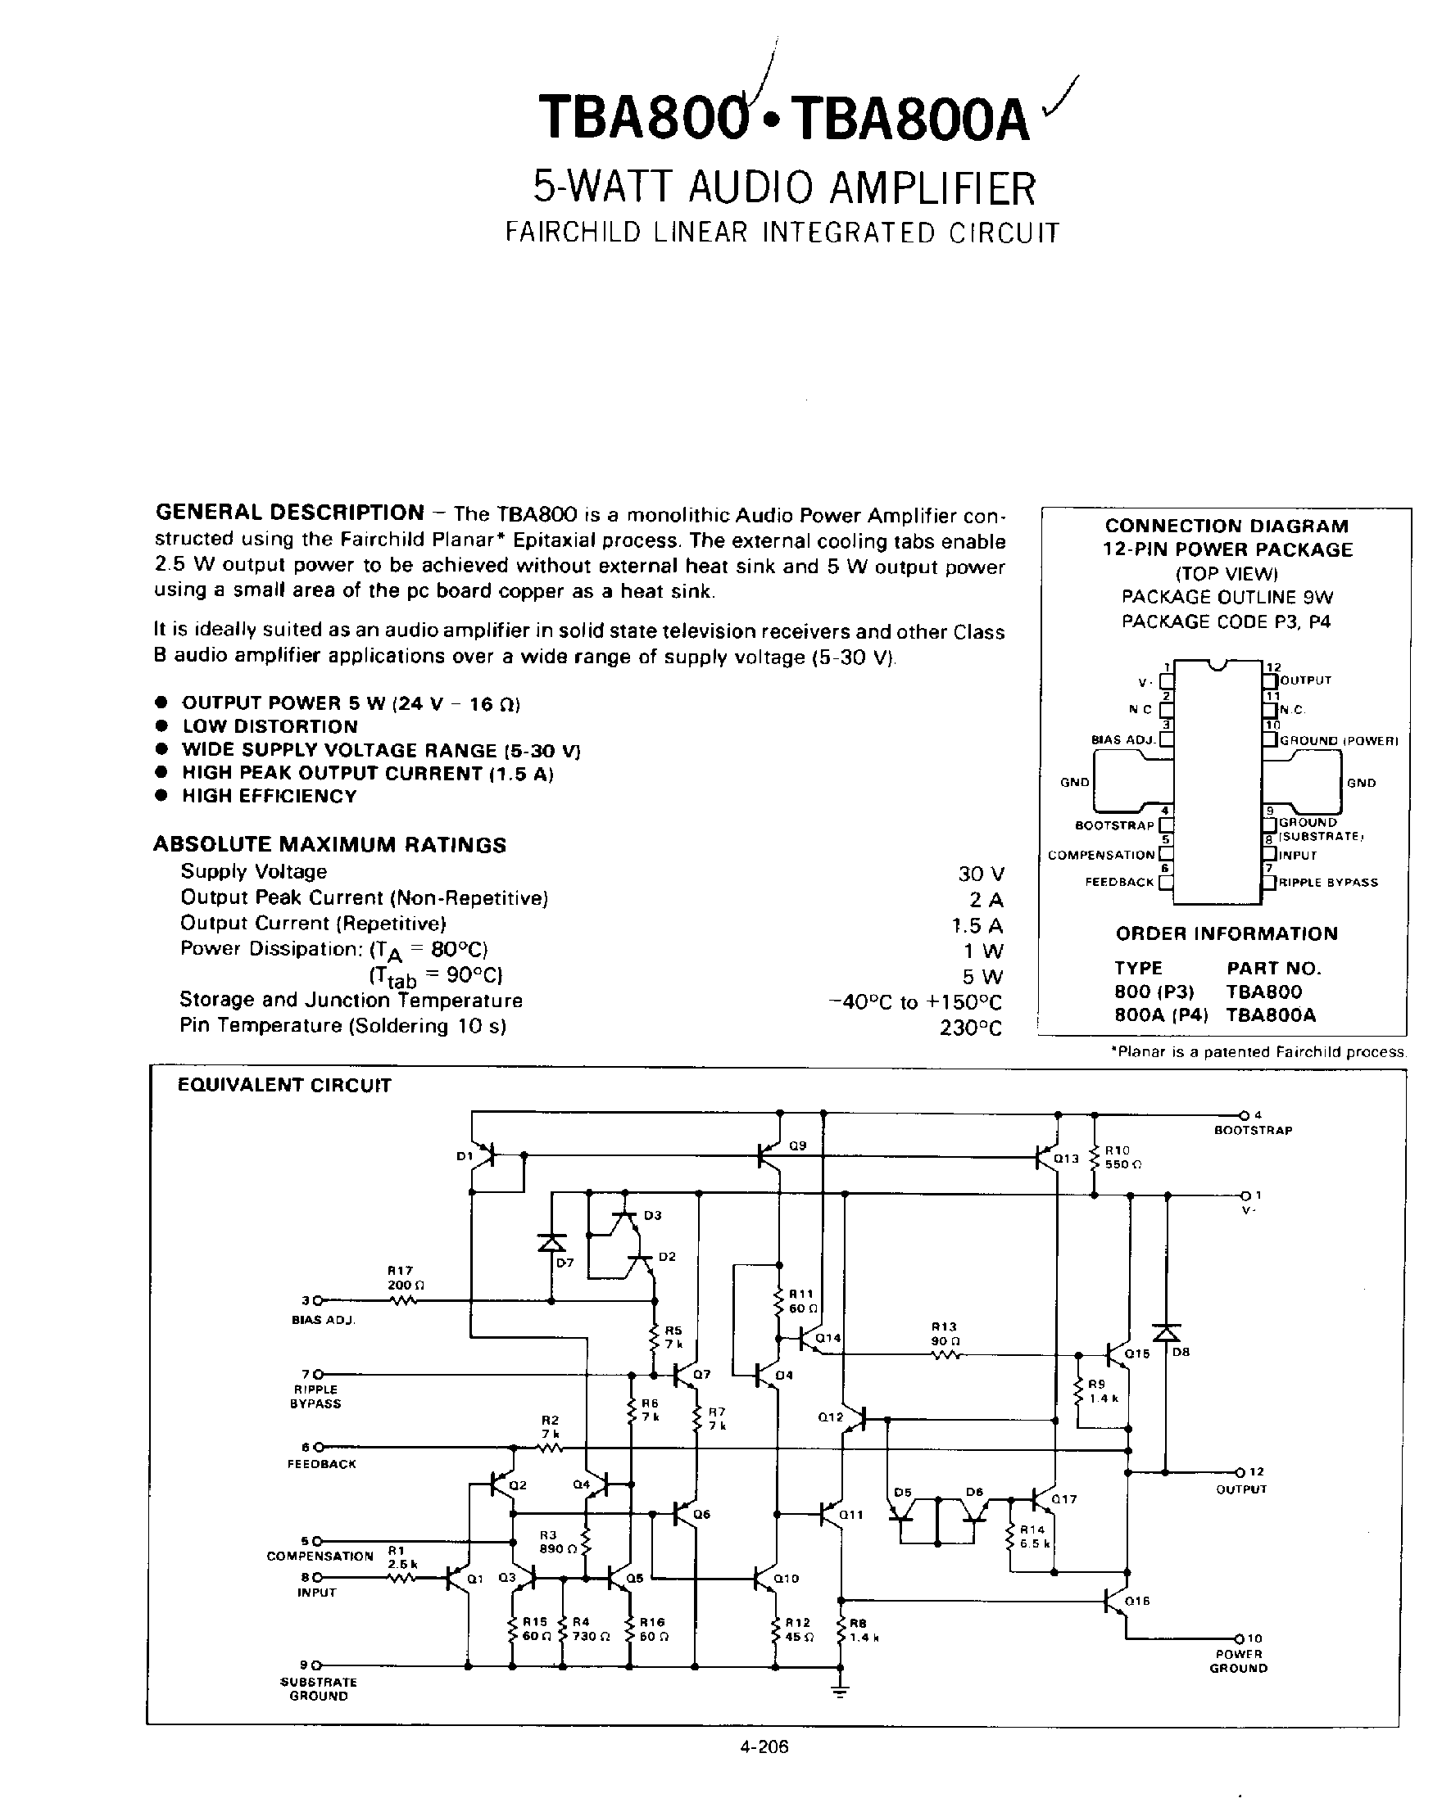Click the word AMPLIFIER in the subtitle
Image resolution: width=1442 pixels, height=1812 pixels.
point(932,188)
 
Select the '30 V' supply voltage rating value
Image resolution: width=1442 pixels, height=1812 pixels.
point(981,873)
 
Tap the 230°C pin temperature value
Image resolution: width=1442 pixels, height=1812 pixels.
point(971,1028)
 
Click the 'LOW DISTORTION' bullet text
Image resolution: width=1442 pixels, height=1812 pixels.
point(270,726)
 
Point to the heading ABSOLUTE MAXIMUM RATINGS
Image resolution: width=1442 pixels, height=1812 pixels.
point(329,845)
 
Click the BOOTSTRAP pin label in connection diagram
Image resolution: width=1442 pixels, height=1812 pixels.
point(1114,825)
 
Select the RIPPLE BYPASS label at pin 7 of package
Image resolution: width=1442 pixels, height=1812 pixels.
point(1327,883)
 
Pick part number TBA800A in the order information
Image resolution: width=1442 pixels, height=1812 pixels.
point(1271,1014)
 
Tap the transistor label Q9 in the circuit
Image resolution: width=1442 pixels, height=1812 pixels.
point(797,1145)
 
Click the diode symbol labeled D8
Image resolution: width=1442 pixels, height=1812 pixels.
point(1165,1334)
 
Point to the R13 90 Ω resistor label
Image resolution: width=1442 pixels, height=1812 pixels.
point(944,1334)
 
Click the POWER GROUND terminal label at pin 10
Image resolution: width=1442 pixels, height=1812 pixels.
point(1239,1661)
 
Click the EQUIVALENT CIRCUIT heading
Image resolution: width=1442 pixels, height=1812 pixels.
point(284,1085)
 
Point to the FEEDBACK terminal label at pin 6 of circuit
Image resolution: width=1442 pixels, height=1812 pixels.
point(321,1464)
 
